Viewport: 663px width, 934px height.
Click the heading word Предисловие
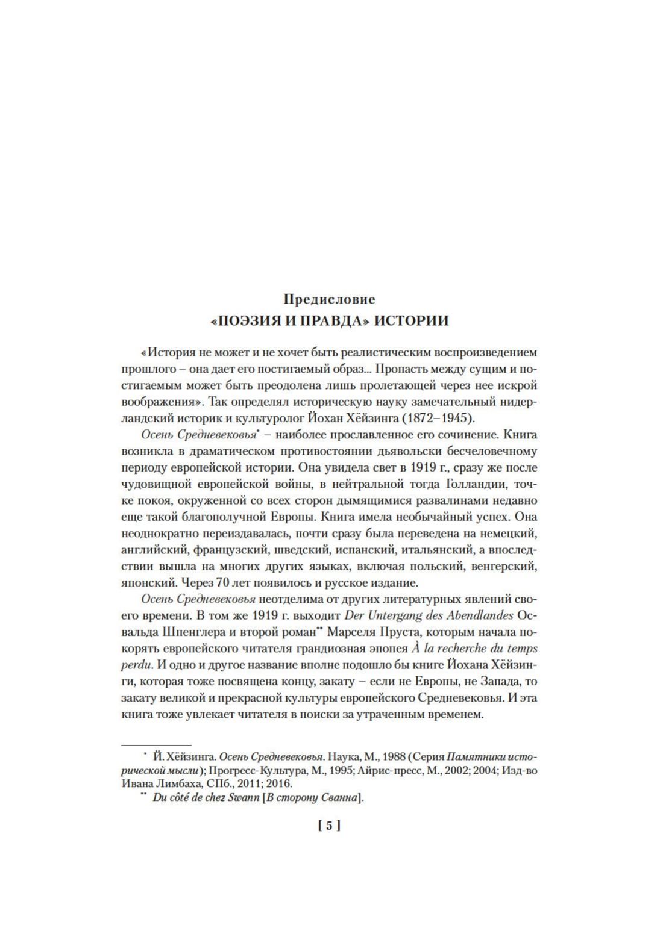click(329, 299)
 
